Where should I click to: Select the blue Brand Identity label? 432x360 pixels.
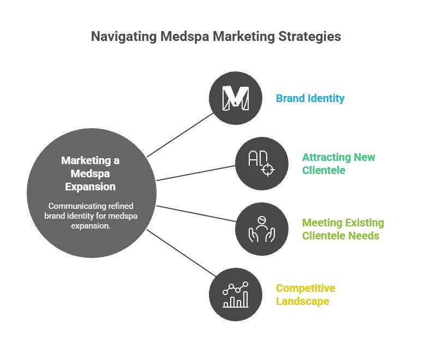point(310,99)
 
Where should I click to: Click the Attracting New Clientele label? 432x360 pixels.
point(338,164)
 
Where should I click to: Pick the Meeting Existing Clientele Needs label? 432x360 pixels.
point(343,229)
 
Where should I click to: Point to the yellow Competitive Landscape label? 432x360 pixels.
point(305,295)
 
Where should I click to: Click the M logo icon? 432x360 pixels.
point(236,98)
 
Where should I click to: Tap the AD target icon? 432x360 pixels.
point(261,164)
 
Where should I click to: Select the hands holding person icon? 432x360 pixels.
point(261,229)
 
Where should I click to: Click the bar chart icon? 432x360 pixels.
point(236,295)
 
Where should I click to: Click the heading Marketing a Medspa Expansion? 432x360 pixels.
point(91,173)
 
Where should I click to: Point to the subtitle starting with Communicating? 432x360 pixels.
point(91,216)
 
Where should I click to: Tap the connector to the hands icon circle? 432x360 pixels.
point(196,213)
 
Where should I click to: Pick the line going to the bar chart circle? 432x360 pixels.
point(180,253)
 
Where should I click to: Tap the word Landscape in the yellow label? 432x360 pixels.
point(302,301)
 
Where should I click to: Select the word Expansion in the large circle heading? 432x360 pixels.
point(91,187)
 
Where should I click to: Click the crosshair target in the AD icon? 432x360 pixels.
point(267,169)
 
